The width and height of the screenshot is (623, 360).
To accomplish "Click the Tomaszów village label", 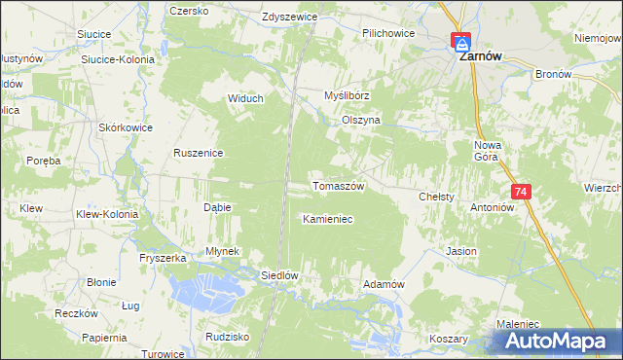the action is pyautogui.click(x=337, y=186).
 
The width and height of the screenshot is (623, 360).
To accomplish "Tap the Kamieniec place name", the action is pyautogui.click(x=327, y=220).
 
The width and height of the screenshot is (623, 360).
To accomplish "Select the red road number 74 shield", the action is pyautogui.click(x=522, y=194).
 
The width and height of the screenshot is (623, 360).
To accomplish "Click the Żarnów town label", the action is pyautogui.click(x=480, y=57).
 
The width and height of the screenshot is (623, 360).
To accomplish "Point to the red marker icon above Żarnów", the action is pyautogui.click(x=460, y=42).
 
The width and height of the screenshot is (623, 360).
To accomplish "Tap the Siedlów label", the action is pyautogui.click(x=278, y=275).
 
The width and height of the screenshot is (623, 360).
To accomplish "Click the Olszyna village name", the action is pyautogui.click(x=360, y=120).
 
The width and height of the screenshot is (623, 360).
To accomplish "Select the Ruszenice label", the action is pyautogui.click(x=199, y=153).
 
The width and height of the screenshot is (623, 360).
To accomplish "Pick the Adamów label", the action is pyautogui.click(x=383, y=283).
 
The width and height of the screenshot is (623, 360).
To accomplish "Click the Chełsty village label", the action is pyautogui.click(x=436, y=197).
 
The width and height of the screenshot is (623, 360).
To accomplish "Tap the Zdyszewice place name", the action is pyautogui.click(x=289, y=18).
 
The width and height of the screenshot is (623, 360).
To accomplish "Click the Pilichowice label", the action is pyautogui.click(x=388, y=33).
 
